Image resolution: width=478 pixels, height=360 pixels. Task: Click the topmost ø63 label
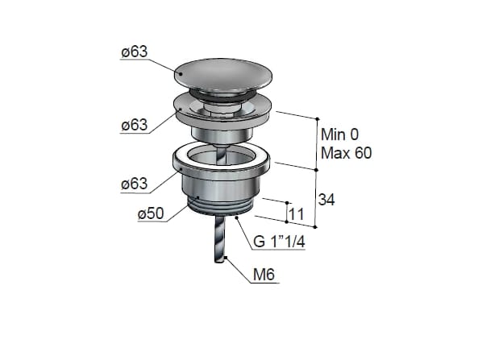[135, 52]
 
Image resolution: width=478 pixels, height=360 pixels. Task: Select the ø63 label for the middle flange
[135, 125]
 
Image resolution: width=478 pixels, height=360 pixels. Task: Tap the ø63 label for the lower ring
[135, 184]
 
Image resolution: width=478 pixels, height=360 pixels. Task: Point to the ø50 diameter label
[151, 213]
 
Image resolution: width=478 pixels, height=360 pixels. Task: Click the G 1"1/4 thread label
[279, 242]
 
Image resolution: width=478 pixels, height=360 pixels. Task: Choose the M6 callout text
[264, 275]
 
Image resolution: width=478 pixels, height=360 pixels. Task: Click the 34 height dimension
[326, 200]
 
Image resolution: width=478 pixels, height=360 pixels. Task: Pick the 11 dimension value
[296, 214]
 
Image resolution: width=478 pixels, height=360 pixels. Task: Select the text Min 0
[339, 134]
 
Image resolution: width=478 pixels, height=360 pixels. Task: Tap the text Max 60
[347, 153]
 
